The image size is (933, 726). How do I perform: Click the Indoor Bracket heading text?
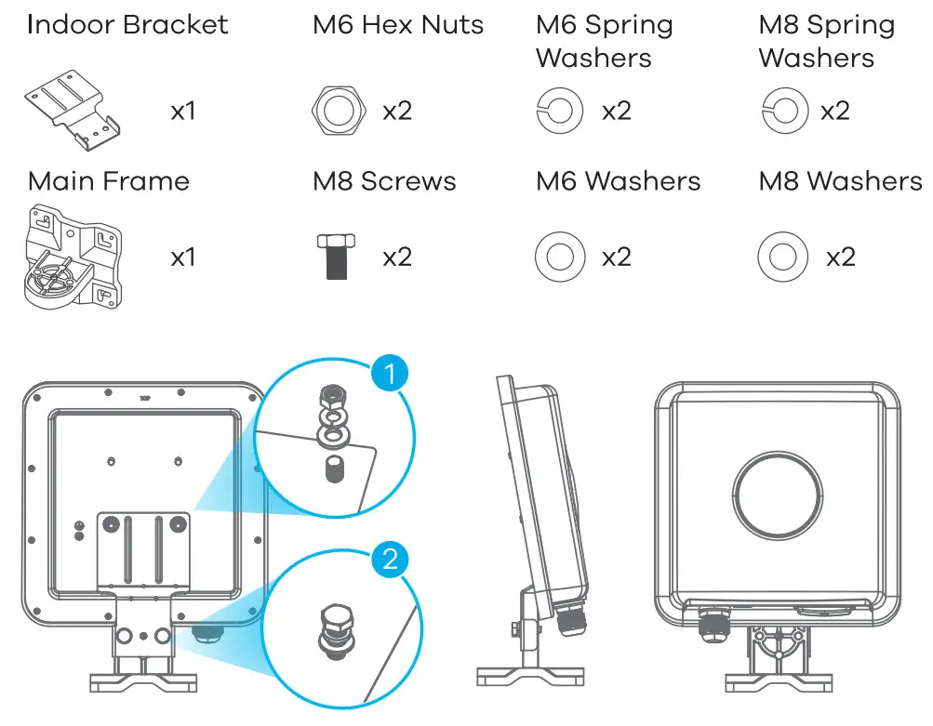[127, 24]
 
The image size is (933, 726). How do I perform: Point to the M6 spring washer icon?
[560, 112]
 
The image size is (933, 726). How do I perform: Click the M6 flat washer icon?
[560, 257]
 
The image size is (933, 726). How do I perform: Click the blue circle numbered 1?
[389, 376]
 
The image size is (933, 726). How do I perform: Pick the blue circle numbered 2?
[391, 559]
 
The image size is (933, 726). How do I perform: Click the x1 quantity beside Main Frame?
[182, 257]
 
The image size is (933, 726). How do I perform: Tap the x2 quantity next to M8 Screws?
[397, 257]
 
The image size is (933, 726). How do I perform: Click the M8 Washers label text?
[840, 180]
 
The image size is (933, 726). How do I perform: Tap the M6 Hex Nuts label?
[398, 24]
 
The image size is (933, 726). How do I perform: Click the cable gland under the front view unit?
[714, 621]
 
